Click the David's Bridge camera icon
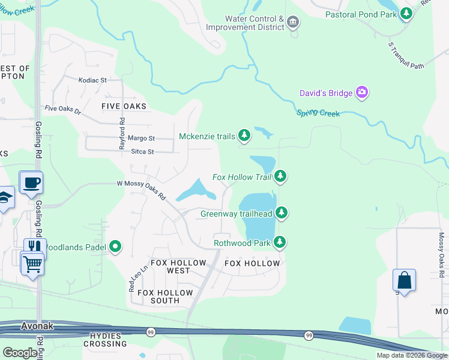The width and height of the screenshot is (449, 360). [x=362, y=92]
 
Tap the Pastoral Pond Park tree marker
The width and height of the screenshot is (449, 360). [x=406, y=13]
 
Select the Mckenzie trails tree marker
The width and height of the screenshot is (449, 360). [x=244, y=136]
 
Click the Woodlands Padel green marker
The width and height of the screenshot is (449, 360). [x=115, y=246]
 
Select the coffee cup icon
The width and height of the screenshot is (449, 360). [x=31, y=182]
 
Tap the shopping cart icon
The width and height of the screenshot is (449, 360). [x=32, y=263]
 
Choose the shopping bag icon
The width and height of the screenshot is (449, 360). [x=404, y=280]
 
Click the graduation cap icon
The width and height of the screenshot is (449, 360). [x=5, y=198]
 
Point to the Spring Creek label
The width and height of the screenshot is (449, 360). [x=318, y=113]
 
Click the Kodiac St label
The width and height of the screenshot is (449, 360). [x=93, y=79]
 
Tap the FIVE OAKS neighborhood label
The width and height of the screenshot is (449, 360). [x=124, y=106]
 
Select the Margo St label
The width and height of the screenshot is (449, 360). [x=143, y=138]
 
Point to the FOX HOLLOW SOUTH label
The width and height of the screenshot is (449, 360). [x=165, y=296]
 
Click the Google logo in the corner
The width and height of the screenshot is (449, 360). [x=20, y=352]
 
